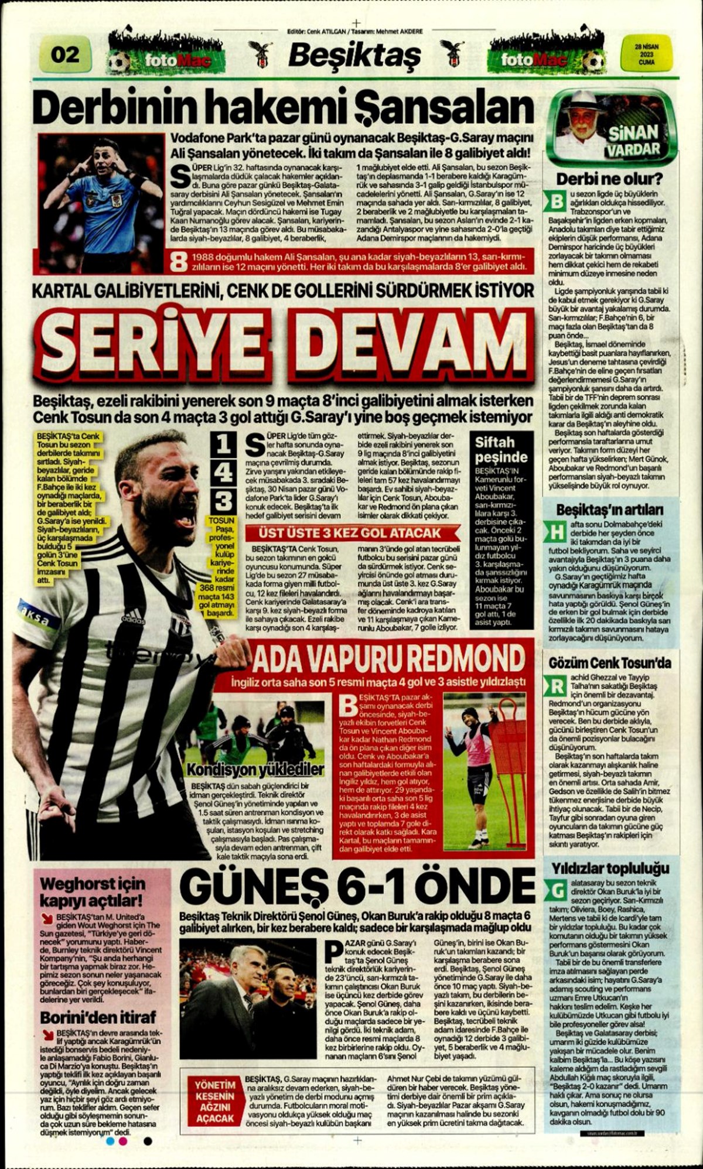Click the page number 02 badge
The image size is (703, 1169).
coord(64,54)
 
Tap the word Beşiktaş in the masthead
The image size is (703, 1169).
coord(354,56)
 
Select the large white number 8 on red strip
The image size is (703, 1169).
coord(178,262)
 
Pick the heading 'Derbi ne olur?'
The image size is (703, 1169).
coord(609,179)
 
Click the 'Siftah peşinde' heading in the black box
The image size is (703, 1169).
coord(501,449)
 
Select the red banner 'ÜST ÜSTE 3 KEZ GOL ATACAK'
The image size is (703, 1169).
coord(351,533)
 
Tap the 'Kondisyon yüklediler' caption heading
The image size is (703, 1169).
coord(255,769)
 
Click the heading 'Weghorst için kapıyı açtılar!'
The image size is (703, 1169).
coord(93,891)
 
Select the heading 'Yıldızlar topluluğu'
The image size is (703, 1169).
coord(609,868)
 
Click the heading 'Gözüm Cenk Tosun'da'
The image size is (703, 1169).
coord(610,664)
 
